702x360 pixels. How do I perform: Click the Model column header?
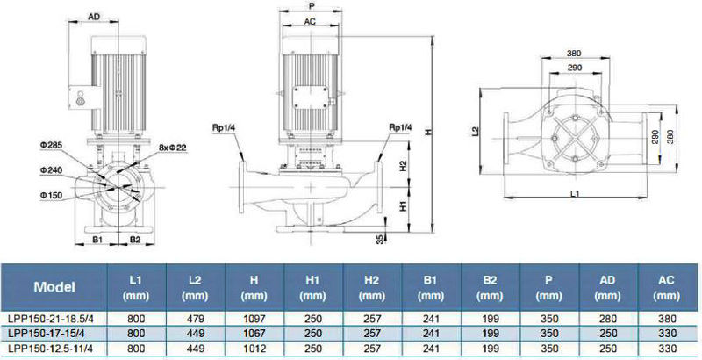pos(54,286)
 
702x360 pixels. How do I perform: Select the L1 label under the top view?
pos(574,192)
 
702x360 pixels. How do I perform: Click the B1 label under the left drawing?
pos(99,238)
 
